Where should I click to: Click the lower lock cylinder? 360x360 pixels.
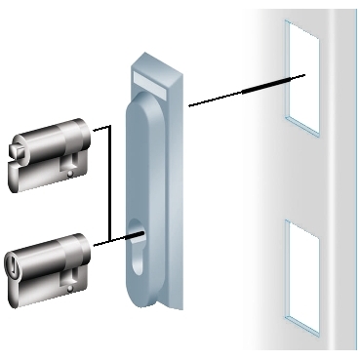tap(49, 265)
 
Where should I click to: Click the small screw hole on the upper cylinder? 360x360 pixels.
tap(70, 175)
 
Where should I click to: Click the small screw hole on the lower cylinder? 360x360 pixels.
tap(70, 286)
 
